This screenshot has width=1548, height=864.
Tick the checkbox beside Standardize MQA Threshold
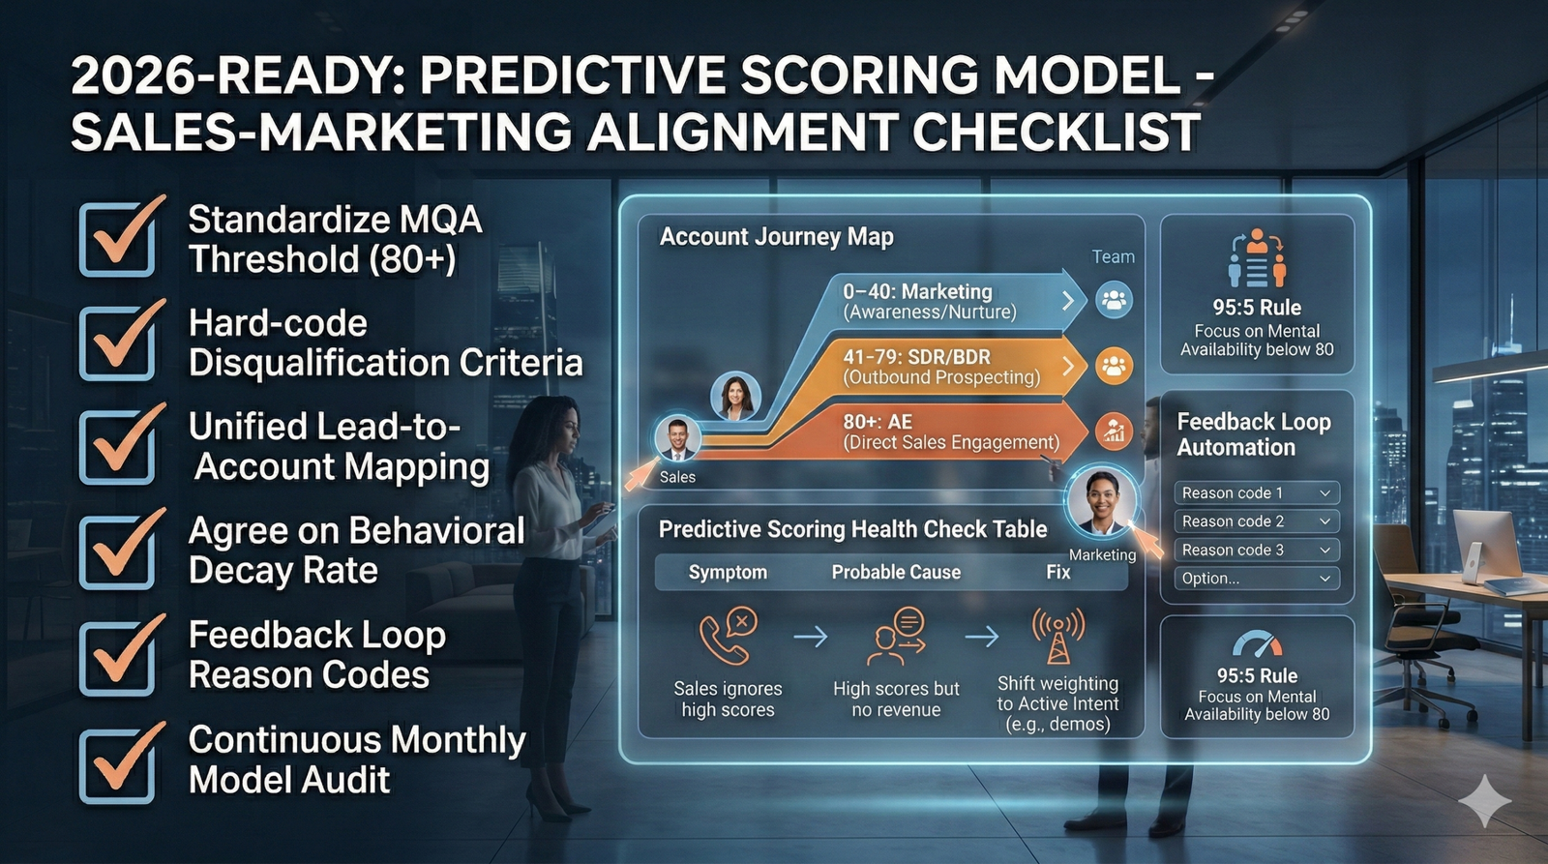tap(117, 238)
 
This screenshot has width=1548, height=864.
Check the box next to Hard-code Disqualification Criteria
tap(117, 343)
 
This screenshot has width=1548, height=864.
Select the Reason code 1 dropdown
tap(1256, 492)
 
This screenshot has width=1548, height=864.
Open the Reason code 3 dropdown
tap(1256, 550)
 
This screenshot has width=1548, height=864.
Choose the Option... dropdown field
tap(1256, 579)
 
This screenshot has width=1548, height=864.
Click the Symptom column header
tap(728, 572)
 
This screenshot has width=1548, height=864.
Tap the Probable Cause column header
tap(896, 572)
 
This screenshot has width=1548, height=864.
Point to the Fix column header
tap(1057, 572)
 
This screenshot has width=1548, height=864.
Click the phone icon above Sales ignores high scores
tap(728, 635)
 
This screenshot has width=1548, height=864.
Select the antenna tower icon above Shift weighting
tap(1057, 635)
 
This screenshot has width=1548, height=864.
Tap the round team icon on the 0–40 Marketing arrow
tap(1114, 300)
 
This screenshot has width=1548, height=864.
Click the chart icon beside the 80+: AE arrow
tap(1114, 432)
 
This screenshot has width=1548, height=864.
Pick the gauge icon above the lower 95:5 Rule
tap(1257, 644)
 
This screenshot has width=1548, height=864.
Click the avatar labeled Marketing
tap(1101, 502)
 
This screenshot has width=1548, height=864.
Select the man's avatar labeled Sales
tap(677, 438)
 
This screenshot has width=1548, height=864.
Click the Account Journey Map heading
tap(776, 237)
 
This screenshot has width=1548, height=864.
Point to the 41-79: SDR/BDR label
tap(916, 356)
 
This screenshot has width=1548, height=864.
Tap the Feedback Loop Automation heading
tap(1253, 434)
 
